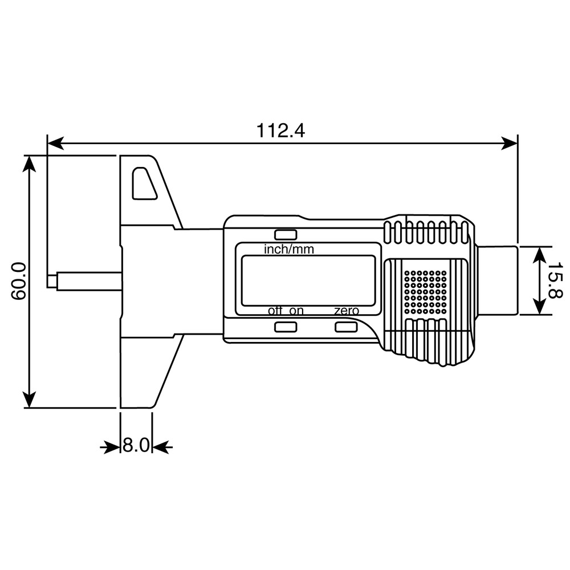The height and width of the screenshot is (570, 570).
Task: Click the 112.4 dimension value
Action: pos(280,131)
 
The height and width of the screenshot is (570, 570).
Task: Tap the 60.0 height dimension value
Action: pos(19,281)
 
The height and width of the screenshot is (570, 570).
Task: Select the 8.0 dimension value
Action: pos(136,445)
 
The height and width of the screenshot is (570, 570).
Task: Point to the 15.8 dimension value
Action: pos(555,280)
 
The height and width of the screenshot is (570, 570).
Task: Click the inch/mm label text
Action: pos(288,250)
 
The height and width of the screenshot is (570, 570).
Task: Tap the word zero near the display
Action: pos(347,311)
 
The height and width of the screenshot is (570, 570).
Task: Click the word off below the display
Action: pos(275,311)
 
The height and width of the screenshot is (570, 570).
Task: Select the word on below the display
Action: pos(296,311)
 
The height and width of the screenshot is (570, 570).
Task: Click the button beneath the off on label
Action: pos(286,327)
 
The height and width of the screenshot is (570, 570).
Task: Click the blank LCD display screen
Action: pos(308,280)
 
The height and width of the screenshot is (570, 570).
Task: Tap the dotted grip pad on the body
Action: pos(425,292)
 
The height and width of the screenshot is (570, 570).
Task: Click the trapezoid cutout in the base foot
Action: pos(144,183)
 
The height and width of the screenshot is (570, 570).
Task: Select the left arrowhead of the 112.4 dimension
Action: pos(55,143)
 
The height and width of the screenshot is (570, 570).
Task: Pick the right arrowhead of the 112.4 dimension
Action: pos(509,143)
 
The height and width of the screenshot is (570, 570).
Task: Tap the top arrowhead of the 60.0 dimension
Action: pos(30,163)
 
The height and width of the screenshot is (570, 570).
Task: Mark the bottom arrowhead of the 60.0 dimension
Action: pos(30,400)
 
